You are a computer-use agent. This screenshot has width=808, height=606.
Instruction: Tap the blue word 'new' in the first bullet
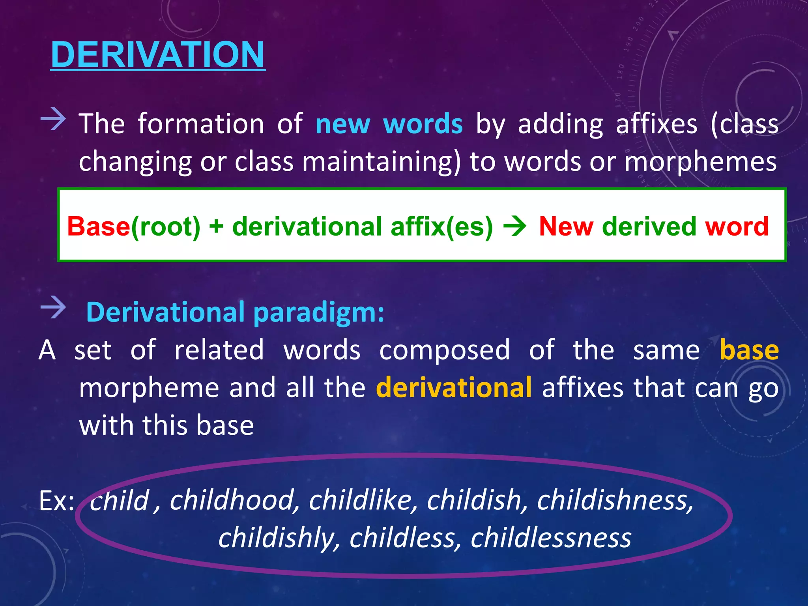tap(342, 124)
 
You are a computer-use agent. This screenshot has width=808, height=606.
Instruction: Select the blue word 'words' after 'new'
tap(423, 124)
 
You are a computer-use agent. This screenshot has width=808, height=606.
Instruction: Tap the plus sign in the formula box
tap(216, 227)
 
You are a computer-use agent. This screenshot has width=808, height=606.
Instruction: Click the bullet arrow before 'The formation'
tap(53, 119)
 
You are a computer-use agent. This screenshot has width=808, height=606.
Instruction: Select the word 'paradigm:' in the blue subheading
tap(318, 312)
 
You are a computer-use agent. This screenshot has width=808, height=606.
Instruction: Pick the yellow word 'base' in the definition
tap(749, 350)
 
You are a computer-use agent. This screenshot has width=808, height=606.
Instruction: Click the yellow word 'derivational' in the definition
tap(454, 387)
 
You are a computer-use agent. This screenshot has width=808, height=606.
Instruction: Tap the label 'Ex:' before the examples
tap(56, 501)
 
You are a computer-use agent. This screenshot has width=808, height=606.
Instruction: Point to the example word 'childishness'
tap(614, 500)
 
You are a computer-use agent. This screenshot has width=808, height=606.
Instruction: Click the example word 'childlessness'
tap(551, 538)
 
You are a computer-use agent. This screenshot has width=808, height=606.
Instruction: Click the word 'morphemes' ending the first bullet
tap(701, 162)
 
